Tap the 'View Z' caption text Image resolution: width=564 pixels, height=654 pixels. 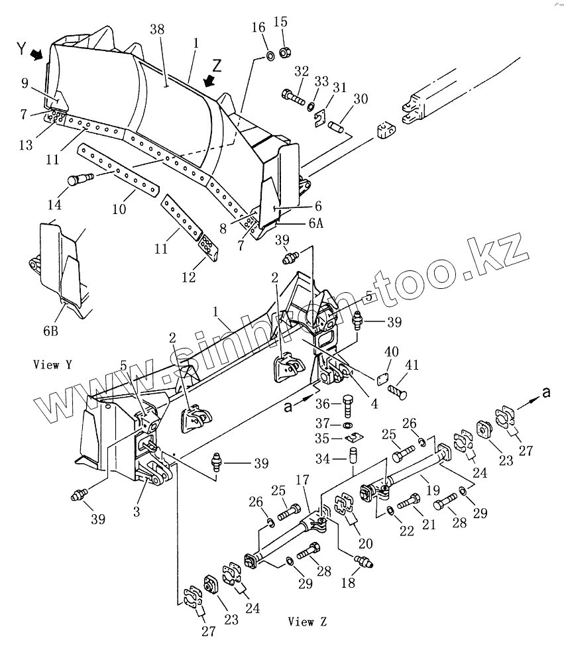(307, 622)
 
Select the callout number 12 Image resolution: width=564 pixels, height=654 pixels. (190, 278)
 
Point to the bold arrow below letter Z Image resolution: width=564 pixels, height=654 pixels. (209, 81)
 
